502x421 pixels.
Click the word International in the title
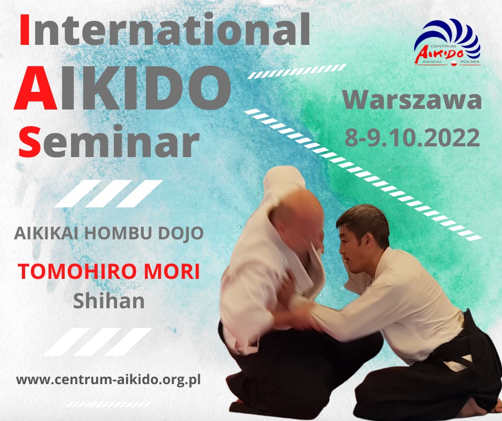164,29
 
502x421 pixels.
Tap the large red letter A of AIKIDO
36,88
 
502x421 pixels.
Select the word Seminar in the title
109,141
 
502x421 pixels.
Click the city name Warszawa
412,100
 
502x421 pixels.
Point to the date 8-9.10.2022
412,137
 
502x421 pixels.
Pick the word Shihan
109,301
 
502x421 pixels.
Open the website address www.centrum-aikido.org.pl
108,380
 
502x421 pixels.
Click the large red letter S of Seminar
29,141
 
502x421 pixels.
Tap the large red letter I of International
25,29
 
